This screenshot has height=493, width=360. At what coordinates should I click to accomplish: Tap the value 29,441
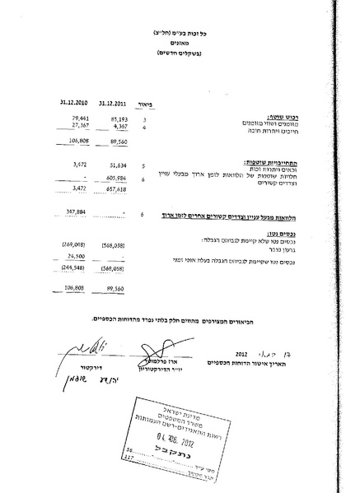pos(76,120)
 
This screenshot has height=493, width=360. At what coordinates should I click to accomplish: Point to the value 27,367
pos(76,128)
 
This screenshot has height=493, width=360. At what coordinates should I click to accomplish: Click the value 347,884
pos(76,213)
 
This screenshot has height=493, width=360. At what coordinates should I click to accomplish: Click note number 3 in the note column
pos(145,121)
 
